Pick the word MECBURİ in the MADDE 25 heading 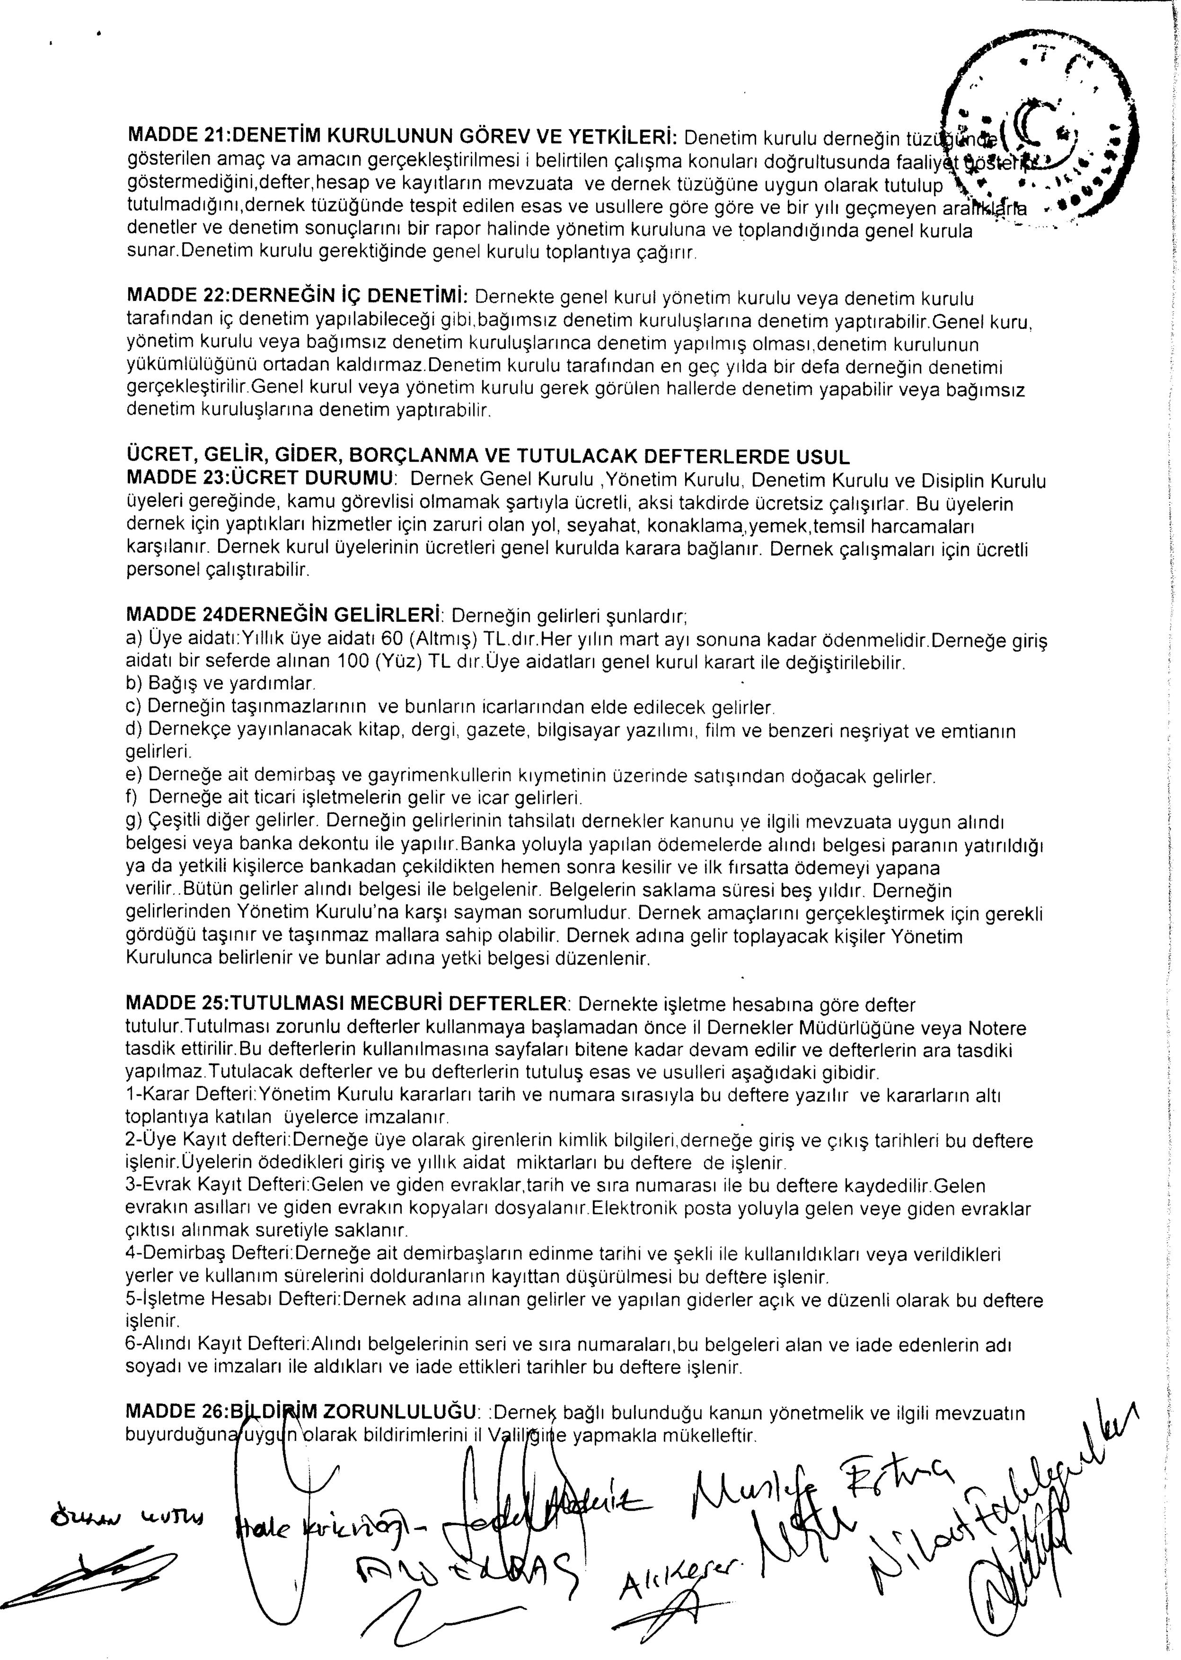pyautogui.click(x=409, y=1006)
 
